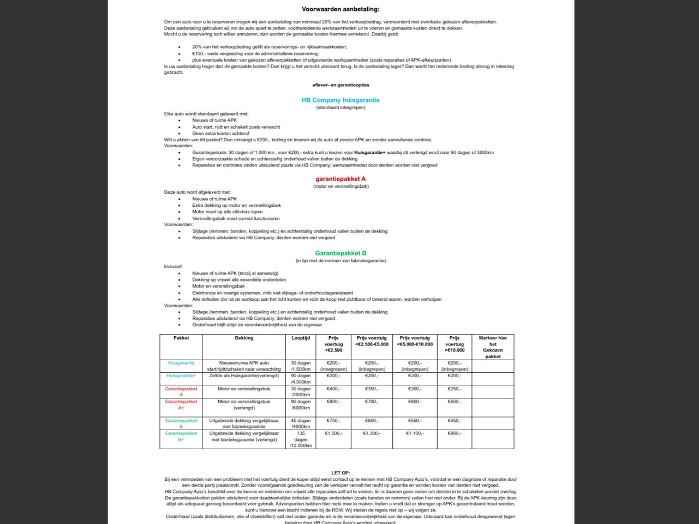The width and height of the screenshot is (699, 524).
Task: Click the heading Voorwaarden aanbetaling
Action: tap(340, 9)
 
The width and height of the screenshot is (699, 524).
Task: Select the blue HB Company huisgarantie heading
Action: tap(340, 100)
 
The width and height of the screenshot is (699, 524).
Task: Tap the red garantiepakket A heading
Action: tap(340, 179)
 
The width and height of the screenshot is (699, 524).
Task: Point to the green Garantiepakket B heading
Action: tap(340, 253)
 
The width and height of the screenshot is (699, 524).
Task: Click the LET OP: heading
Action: tap(340, 473)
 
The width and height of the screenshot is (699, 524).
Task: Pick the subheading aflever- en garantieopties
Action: tap(340, 85)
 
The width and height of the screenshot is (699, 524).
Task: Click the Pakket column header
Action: tap(181, 338)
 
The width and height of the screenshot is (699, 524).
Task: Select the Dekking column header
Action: tap(244, 338)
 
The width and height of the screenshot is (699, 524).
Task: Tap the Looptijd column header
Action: tap(301, 338)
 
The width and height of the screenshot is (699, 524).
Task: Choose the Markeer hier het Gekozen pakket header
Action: tap(493, 347)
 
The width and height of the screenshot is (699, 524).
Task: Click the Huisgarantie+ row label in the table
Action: tap(181, 376)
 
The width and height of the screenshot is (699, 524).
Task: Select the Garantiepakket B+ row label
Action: tap(181, 436)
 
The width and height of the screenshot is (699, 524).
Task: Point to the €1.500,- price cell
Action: tap(333, 433)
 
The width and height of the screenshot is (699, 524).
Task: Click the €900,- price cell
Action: tap(454, 433)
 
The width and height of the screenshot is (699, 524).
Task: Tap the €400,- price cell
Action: tap(333, 389)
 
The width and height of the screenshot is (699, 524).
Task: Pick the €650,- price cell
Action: tap(372, 421)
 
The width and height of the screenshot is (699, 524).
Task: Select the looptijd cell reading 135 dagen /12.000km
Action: tap(301, 439)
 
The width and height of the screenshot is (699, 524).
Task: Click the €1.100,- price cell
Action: tap(415, 433)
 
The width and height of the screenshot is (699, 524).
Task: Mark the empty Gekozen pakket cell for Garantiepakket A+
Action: tap(493, 407)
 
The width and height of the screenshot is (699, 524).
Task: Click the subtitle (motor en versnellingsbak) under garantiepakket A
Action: tap(340, 186)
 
